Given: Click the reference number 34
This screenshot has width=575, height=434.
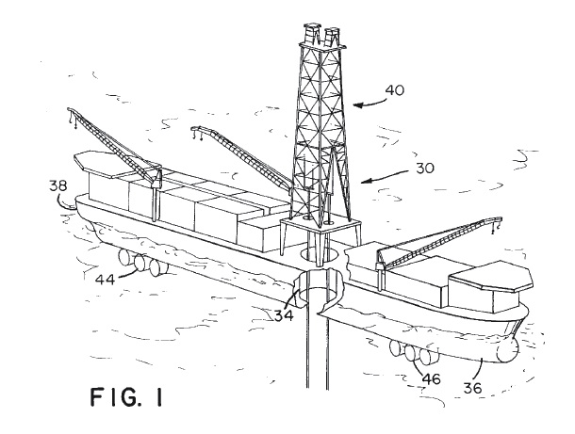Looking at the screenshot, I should click(282, 314).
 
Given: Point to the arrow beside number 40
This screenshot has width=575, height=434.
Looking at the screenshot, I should click(370, 101).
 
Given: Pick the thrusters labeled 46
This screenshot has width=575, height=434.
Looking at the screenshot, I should click(416, 353).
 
